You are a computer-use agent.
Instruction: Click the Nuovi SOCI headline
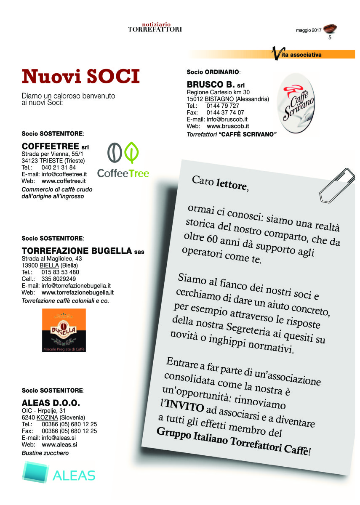point(80,77)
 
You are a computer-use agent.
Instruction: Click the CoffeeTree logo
point(123,159)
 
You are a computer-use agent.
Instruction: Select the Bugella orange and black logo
point(64,330)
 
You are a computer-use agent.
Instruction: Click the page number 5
point(330,38)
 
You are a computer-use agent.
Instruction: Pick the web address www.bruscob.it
point(228,126)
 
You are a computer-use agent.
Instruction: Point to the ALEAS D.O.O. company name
point(51,402)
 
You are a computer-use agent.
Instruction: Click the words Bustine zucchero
point(45,453)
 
